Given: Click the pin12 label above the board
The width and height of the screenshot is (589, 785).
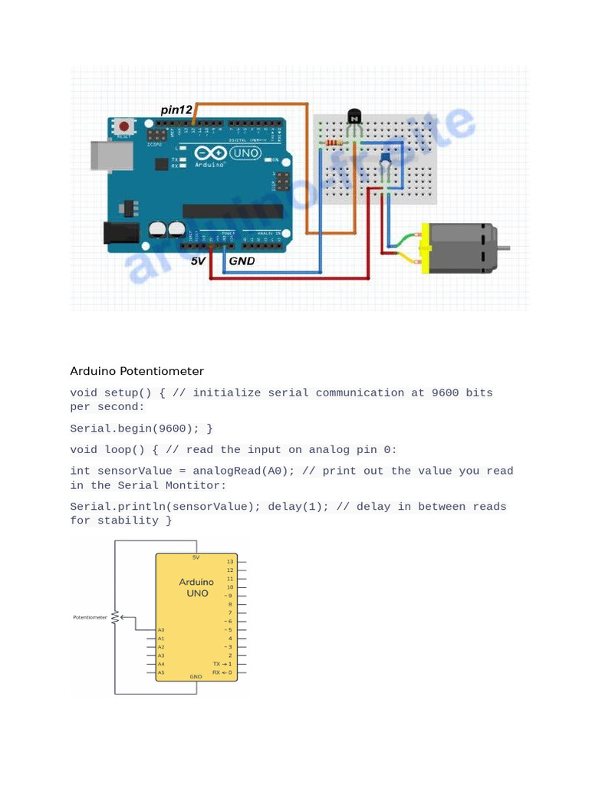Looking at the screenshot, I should click(176, 110).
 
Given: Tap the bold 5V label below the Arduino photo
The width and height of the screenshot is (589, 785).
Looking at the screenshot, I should click(198, 261).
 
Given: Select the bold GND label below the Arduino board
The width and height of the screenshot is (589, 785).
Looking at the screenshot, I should click(242, 261).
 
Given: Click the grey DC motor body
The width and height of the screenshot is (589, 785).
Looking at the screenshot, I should click(460, 248).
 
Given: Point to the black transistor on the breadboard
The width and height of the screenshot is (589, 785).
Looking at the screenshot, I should click(354, 117).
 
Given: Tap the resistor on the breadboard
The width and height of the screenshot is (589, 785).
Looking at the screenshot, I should click(334, 143).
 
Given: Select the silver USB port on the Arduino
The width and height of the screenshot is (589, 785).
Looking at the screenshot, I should click(110, 155).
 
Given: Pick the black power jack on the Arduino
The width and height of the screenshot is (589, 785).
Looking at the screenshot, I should click(120, 232).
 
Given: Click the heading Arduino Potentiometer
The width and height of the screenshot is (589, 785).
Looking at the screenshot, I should click(137, 372).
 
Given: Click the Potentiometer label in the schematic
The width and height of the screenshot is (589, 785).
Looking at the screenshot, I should click(90, 617).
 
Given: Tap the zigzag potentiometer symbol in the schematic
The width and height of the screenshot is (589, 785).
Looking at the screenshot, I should click(115, 616).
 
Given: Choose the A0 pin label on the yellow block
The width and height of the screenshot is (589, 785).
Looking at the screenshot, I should click(161, 630).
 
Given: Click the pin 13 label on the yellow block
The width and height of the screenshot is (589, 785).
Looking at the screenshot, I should click(229, 562).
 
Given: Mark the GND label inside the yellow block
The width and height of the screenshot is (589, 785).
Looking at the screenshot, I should click(196, 677).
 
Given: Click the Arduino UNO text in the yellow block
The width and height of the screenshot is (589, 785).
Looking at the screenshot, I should click(196, 587).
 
